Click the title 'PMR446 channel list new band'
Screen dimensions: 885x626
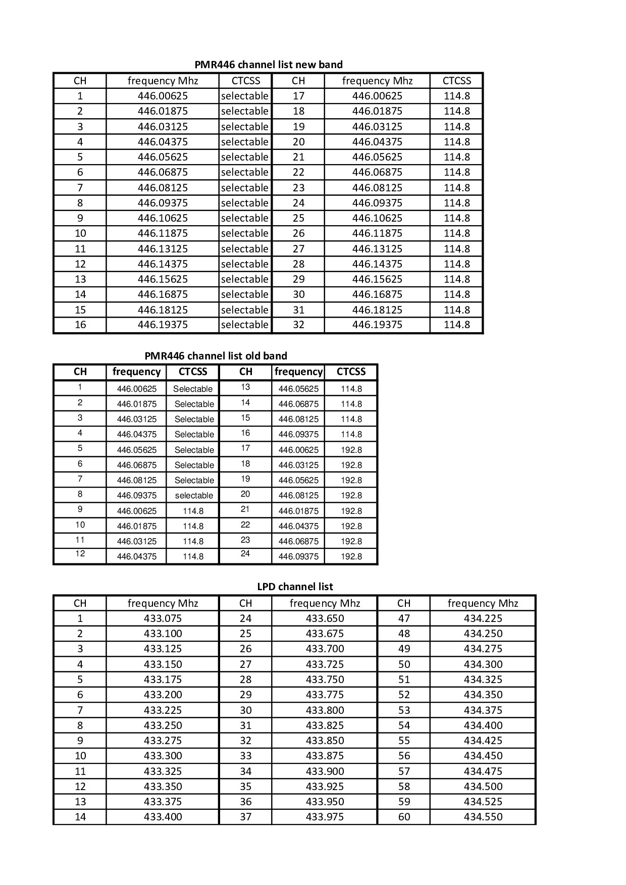pyautogui.click(x=269, y=65)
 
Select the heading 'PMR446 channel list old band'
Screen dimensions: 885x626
pyautogui.click(x=216, y=356)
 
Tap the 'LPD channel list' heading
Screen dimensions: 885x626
pyautogui.click(x=295, y=587)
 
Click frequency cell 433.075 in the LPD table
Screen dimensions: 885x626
pyautogui.click(x=163, y=618)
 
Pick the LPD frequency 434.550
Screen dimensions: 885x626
pyautogui.click(x=483, y=817)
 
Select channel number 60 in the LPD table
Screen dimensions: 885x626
pyautogui.click(x=404, y=817)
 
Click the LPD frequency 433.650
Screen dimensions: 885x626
pyautogui.click(x=325, y=618)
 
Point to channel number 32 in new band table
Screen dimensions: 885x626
pyautogui.click(x=298, y=325)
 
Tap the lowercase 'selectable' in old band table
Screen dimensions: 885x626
pyautogui.click(x=194, y=496)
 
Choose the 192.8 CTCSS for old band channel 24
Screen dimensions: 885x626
pyautogui.click(x=351, y=556)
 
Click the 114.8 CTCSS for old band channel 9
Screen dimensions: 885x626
pyautogui.click(x=193, y=511)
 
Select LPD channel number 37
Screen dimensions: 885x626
pyautogui.click(x=245, y=817)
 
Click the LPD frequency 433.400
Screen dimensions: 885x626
pyautogui.click(x=163, y=817)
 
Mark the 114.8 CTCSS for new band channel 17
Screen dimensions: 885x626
pyautogui.click(x=456, y=96)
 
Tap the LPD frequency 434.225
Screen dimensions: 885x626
pyautogui.click(x=483, y=618)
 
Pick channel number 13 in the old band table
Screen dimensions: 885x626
pyautogui.click(x=245, y=387)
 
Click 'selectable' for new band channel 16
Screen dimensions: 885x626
pyautogui.click(x=244, y=325)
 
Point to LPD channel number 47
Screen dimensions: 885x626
pyautogui.click(x=404, y=618)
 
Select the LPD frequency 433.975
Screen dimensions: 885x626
pyautogui.click(x=325, y=817)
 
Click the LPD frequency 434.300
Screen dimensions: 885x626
pyautogui.click(x=483, y=664)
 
